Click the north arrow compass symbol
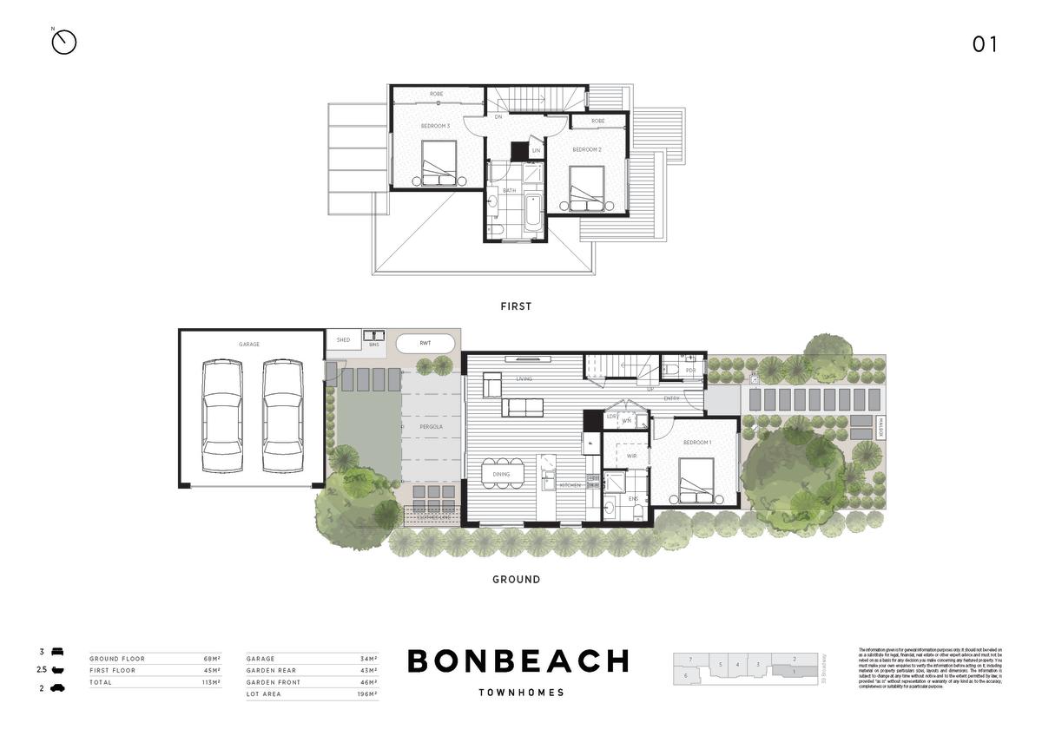pos(64,42)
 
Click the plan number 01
pos(985,44)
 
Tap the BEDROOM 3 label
pos(435,127)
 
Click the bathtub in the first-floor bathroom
pos(532,213)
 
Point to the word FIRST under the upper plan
pos(516,306)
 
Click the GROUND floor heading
pos(516,579)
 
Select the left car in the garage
pos(222,416)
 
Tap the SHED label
pos(343,340)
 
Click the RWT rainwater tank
pos(425,343)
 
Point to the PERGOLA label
pos(432,428)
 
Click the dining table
pos(503,475)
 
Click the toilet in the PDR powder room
pos(673,370)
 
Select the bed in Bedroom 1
pos(696,480)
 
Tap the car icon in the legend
pos(57,688)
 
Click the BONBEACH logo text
pos(518,661)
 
